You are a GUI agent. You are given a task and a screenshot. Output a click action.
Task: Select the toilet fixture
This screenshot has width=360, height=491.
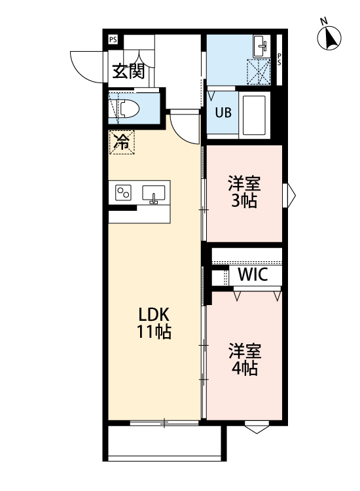(x=127, y=108)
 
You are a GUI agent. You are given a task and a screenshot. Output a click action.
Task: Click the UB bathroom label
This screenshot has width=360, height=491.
(x=223, y=112)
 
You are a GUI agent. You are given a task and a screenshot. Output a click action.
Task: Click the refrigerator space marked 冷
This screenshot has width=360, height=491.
(x=122, y=141)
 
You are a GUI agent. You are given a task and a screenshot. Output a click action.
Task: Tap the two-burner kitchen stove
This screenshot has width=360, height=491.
(x=123, y=192)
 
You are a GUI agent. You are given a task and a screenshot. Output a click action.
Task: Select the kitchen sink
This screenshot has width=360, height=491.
(x=154, y=194)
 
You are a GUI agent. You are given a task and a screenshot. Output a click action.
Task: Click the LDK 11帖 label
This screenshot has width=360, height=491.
(x=154, y=322)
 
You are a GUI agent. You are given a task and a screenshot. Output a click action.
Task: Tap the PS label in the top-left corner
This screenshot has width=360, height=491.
(x=113, y=39)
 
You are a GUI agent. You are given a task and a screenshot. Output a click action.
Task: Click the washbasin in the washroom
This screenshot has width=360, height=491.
(x=261, y=45)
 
